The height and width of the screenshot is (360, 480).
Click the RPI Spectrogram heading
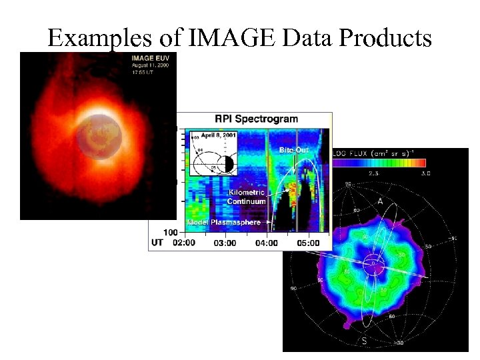(256, 119)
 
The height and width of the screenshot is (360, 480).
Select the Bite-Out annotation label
(293, 151)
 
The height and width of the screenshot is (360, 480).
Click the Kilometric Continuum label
(246, 197)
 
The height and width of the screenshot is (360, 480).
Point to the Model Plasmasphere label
(223, 222)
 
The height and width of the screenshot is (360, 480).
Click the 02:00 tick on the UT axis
(183, 243)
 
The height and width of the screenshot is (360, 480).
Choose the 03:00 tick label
(225, 243)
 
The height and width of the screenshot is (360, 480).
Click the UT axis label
(157, 243)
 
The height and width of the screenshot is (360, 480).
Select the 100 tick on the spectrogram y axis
(170, 232)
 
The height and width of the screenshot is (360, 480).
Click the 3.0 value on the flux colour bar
(426, 173)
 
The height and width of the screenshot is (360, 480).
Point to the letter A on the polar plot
(380, 201)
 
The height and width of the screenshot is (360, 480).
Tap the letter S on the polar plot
(365, 341)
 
